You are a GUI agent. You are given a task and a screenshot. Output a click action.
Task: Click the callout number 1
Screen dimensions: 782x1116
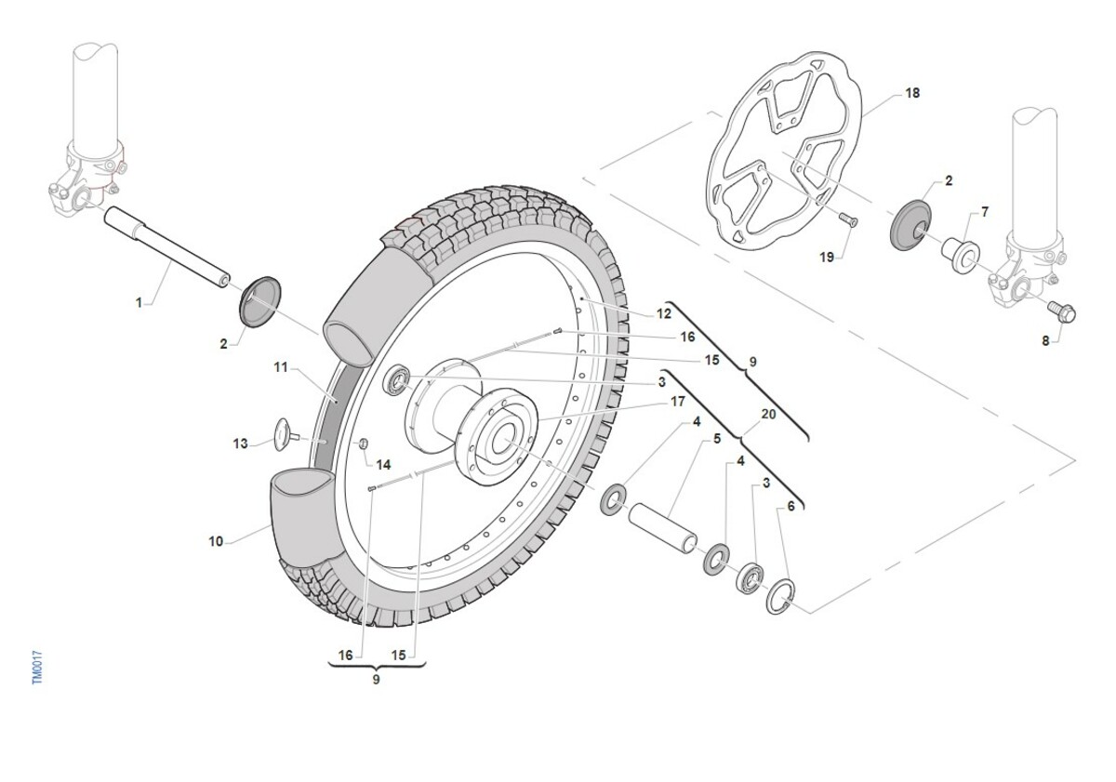(x=139, y=302)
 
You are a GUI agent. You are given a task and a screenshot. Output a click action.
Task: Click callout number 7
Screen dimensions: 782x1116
(x=984, y=213)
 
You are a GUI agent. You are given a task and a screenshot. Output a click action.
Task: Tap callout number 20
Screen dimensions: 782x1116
(x=768, y=415)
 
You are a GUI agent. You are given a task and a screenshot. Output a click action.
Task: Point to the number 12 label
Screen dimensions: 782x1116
(x=664, y=314)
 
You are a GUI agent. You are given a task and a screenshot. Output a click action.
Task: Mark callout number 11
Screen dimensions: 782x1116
(x=282, y=367)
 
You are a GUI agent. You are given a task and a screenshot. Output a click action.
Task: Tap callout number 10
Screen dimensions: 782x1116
(x=216, y=541)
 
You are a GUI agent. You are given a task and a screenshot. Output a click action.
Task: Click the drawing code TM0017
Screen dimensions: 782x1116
(x=38, y=669)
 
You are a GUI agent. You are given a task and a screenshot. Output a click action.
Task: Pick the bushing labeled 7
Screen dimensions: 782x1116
(x=958, y=252)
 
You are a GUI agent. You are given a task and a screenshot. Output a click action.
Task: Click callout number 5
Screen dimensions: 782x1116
(x=717, y=438)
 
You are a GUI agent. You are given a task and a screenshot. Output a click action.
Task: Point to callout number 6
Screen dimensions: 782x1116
(x=790, y=507)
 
